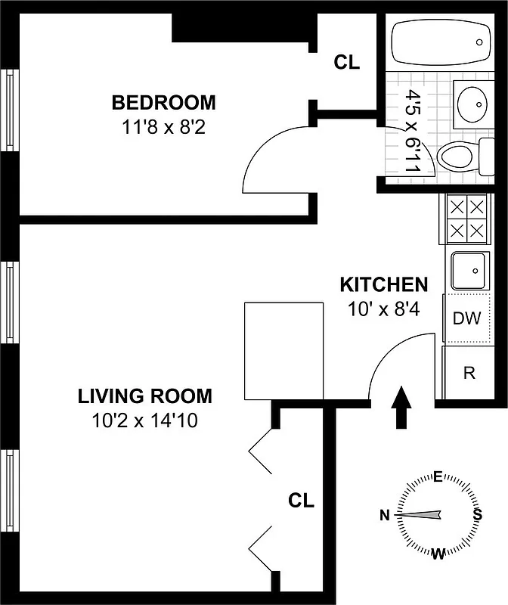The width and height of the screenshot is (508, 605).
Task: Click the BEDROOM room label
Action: click(163, 102)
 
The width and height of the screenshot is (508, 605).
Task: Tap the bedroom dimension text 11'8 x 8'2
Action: click(163, 126)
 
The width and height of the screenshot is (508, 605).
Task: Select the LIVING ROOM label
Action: click(145, 396)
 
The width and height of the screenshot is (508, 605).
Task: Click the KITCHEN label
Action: click(383, 285)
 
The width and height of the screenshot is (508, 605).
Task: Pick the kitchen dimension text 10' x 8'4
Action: click(383, 309)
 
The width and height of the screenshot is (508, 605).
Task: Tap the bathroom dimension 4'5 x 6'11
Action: click(413, 132)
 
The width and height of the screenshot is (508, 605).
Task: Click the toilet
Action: click(457, 157)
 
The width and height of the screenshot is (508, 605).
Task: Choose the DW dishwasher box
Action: click(466, 318)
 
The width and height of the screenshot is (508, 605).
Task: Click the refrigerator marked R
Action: click(469, 372)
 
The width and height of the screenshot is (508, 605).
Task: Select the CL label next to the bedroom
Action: click(347, 63)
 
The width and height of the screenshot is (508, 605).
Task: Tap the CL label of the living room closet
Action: click(302, 500)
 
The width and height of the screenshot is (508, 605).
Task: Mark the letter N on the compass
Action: click(385, 516)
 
